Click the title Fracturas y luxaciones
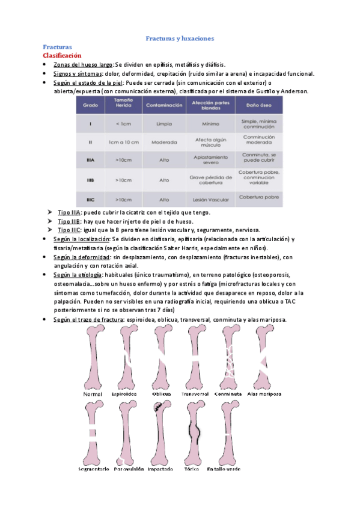[180, 38]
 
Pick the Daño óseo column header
[259, 105]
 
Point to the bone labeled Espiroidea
[127, 358]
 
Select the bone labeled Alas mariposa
[263, 358]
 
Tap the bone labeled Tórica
[195, 433]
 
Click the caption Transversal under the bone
[195, 394]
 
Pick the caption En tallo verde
[226, 469]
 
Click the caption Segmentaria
[94, 469]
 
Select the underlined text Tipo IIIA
[70, 212]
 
